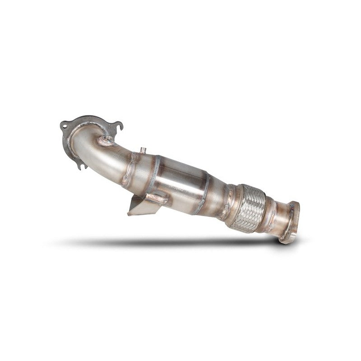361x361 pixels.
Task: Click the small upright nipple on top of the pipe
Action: pyautogui.click(x=141, y=149)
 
